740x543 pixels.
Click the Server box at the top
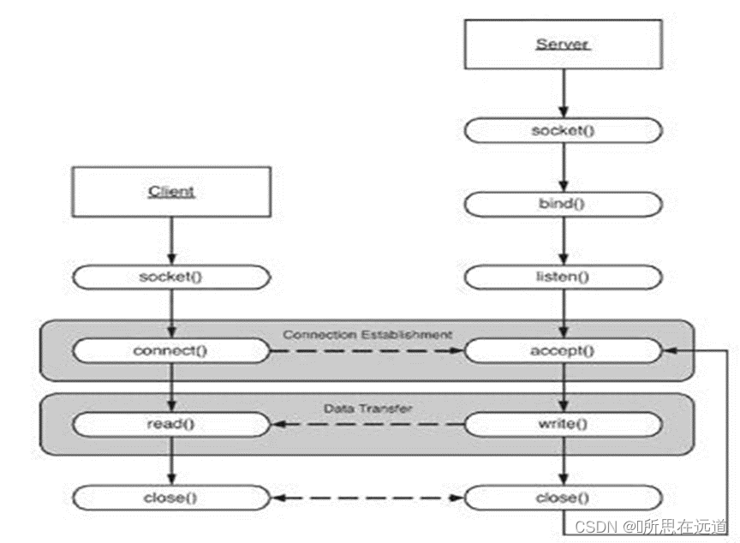563,43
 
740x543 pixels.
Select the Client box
171,190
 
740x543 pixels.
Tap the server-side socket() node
563,130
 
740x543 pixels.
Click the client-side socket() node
171,277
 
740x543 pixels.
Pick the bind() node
563,204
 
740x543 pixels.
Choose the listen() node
563,277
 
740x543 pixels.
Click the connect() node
171,350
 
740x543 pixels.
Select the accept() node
563,350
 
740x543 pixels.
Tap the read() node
171,423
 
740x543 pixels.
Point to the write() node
563,423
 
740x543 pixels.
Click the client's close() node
171,497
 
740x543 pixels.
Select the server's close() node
563,497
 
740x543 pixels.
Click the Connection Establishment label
367,333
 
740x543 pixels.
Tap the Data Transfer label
367,408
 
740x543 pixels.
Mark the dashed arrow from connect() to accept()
367,350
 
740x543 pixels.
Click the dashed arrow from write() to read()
367,423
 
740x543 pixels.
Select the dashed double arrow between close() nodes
367,497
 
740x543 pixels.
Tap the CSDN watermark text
650,526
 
